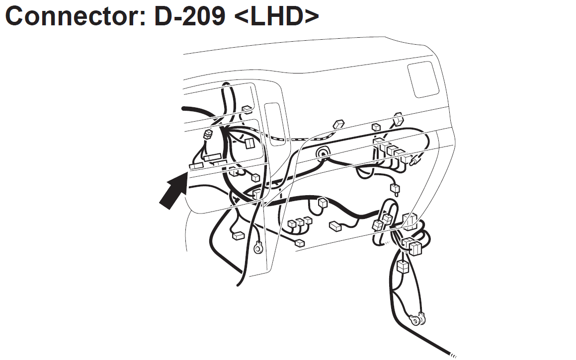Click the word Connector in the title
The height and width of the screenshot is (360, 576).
coord(76,16)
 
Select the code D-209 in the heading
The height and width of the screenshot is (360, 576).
coord(189,16)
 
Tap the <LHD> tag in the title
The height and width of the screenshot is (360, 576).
coord(276,16)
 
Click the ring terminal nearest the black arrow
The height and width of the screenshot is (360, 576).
coord(258,248)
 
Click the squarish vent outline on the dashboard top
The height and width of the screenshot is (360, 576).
coord(423,79)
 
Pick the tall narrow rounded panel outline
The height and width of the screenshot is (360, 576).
coord(275,124)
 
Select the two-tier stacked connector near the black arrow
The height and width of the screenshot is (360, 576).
coord(208,134)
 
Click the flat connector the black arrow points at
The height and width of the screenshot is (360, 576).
coord(196,166)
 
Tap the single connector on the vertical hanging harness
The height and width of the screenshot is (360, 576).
coord(403,267)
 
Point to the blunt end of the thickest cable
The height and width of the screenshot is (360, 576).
coord(183,108)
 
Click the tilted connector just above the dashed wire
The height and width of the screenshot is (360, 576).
coord(338,125)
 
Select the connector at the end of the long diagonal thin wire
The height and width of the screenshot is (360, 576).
coord(300,243)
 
